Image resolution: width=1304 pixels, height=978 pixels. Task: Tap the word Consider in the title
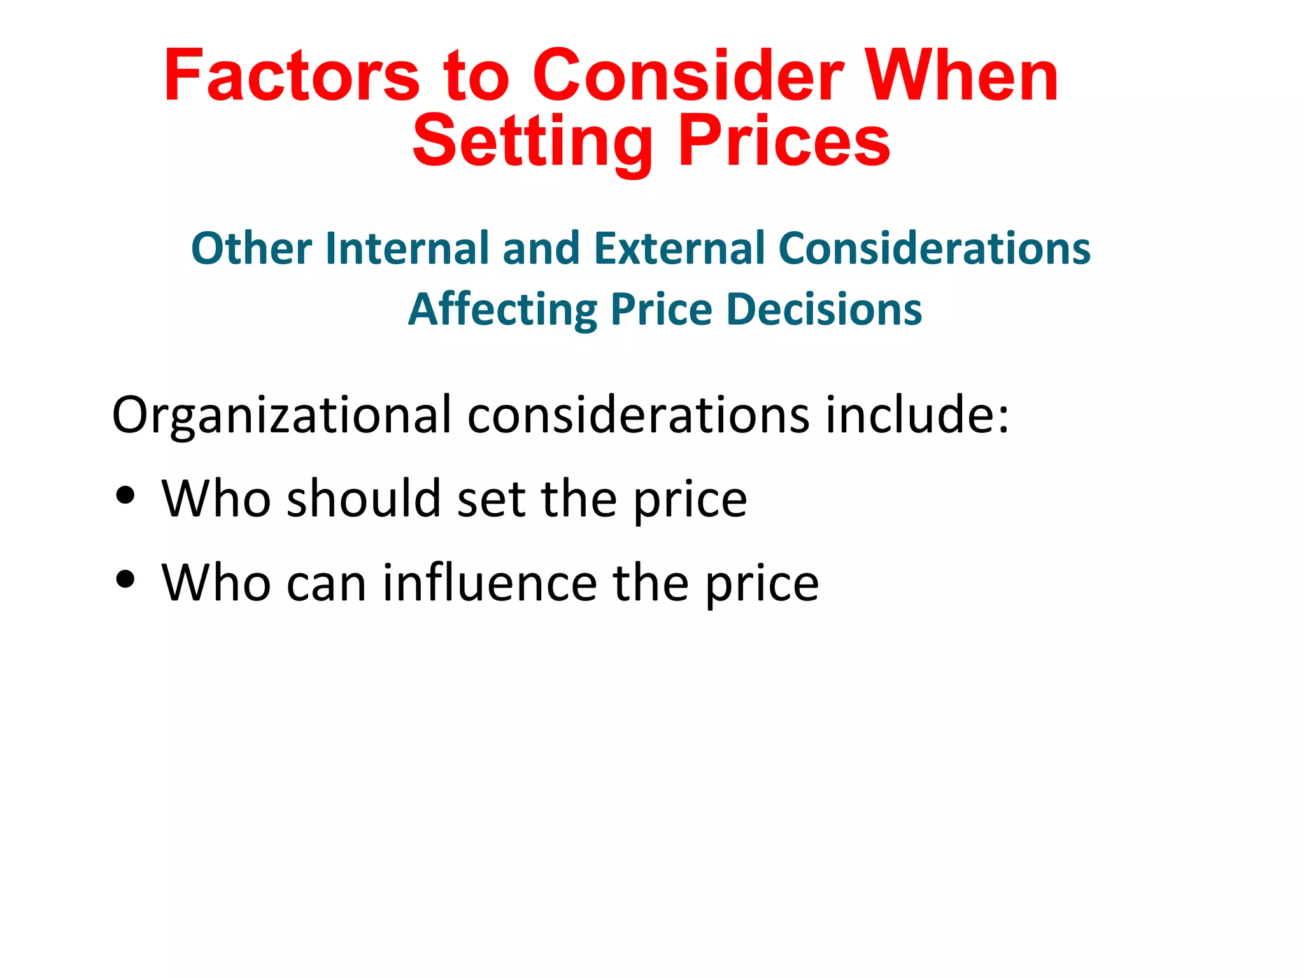tap(688, 76)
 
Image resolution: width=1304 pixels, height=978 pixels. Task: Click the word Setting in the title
tap(532, 141)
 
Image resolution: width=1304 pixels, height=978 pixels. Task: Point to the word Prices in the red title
tap(784, 141)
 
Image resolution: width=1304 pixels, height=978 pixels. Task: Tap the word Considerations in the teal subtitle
tap(934, 248)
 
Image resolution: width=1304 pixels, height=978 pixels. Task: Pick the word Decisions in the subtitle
tap(824, 309)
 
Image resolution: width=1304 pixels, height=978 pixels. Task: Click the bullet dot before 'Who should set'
tap(126, 495)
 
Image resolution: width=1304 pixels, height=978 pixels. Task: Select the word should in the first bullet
tap(364, 499)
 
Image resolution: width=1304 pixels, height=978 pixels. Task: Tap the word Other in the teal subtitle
tap(252, 248)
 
